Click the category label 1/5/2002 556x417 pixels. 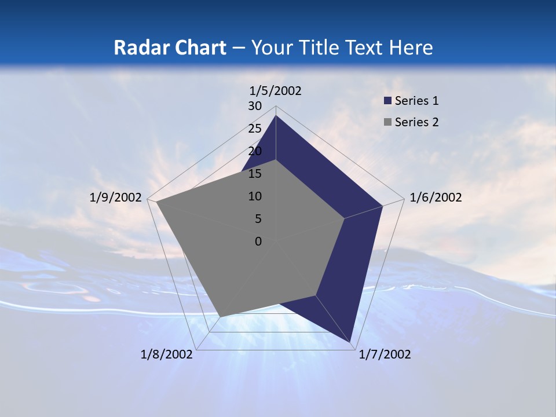[x=275, y=90]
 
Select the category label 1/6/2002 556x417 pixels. [x=436, y=197]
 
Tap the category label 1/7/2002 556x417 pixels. [x=385, y=354]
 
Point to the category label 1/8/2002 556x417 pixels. [x=166, y=354]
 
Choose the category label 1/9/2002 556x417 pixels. [x=115, y=197]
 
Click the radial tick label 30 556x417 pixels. [x=255, y=106]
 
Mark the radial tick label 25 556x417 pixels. [x=255, y=129]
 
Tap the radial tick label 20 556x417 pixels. [x=255, y=151]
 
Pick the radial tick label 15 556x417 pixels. [x=255, y=174]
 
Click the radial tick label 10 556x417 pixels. [x=255, y=196]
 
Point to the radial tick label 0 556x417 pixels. [x=258, y=242]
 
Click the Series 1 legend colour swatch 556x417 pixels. [x=388, y=101]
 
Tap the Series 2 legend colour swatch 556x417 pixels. [x=388, y=122]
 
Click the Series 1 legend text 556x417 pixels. [x=416, y=101]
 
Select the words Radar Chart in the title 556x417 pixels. [x=170, y=47]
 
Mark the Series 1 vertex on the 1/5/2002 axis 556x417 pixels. [x=276, y=115]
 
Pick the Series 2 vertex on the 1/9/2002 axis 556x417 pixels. [x=156, y=202]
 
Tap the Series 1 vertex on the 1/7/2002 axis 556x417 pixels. [x=351, y=342]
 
